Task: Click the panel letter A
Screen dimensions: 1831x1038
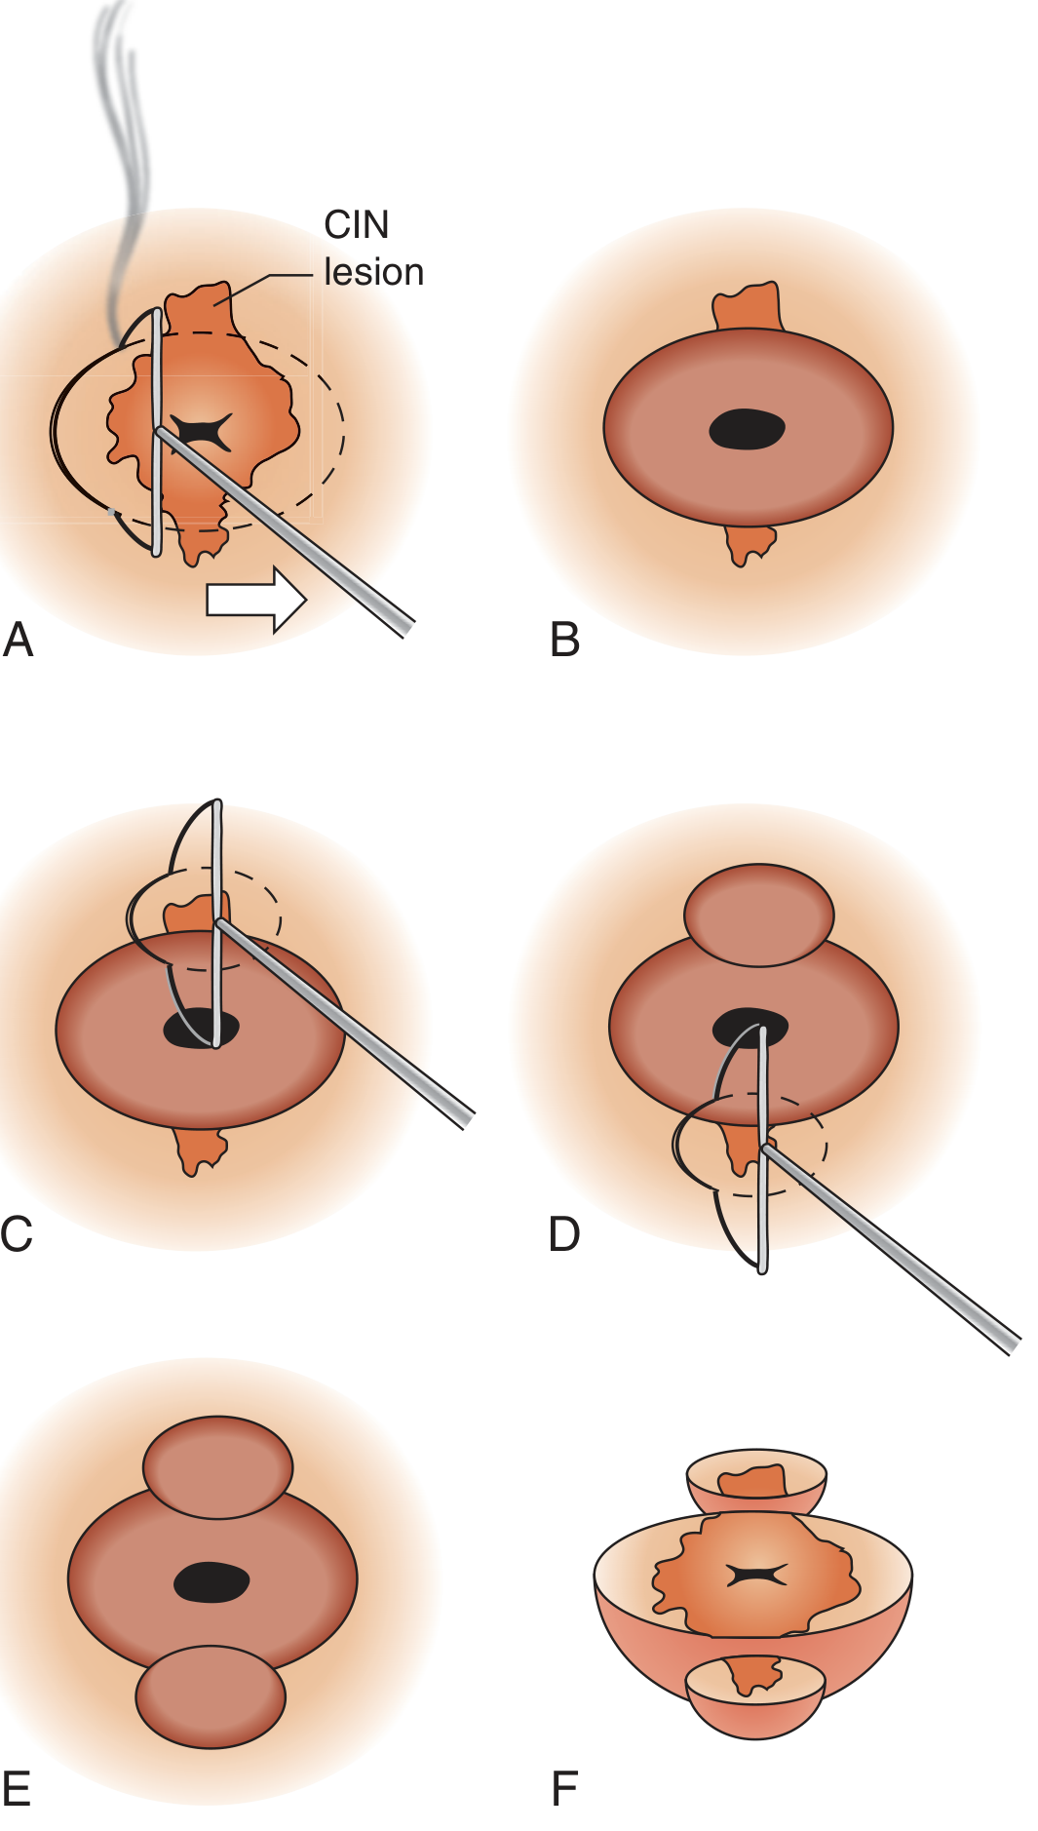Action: (19, 641)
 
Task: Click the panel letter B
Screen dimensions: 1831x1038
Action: (564, 641)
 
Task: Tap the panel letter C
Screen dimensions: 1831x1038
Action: (17, 1234)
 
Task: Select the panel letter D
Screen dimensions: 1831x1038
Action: (564, 1234)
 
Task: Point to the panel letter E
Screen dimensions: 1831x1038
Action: (17, 1789)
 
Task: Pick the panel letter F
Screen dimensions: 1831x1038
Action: (564, 1789)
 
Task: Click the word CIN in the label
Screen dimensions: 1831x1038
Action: (356, 225)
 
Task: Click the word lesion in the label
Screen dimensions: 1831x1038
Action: (373, 272)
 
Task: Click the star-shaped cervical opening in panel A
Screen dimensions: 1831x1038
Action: (203, 430)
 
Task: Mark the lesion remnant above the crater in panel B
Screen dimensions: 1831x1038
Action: (748, 306)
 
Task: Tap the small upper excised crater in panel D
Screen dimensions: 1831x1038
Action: (758, 915)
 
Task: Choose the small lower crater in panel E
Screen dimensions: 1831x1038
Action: (211, 1696)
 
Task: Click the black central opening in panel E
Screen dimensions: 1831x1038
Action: (211, 1581)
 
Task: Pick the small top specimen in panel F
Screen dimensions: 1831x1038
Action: (756, 1481)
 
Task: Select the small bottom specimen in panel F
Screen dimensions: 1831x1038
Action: (755, 1695)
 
